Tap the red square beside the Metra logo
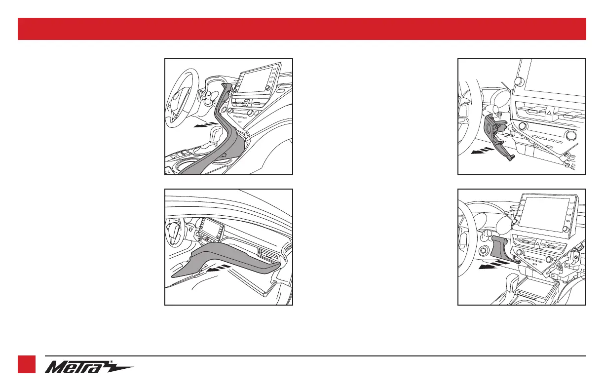click(x=27, y=364)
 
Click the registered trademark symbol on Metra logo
click(x=112, y=361)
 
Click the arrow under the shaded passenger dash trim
click(x=219, y=269)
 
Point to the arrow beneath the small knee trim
click(x=491, y=265)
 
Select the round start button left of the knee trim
click(x=483, y=251)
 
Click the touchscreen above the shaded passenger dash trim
click(x=212, y=227)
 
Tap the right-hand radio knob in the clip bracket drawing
click(x=570, y=135)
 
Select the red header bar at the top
click(x=302, y=29)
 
